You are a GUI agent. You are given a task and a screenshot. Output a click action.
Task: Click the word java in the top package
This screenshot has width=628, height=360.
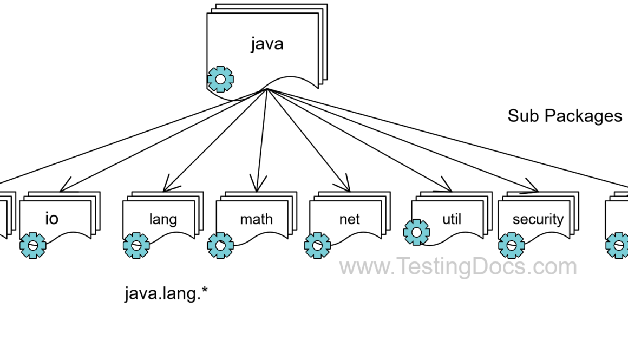pyautogui.click(x=267, y=43)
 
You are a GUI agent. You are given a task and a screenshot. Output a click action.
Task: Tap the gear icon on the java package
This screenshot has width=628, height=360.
pyautogui.click(x=220, y=80)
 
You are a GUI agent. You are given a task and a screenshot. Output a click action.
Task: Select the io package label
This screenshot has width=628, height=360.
pyautogui.click(x=51, y=219)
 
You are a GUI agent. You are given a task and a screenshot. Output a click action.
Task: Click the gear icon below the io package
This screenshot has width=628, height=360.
pyautogui.click(x=33, y=245)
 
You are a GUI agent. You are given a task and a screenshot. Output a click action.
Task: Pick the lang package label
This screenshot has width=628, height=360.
pyautogui.click(x=163, y=219)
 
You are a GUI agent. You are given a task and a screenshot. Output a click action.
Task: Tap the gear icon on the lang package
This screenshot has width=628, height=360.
pyautogui.click(x=136, y=245)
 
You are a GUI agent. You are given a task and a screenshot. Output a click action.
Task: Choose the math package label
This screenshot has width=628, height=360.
pyautogui.click(x=257, y=219)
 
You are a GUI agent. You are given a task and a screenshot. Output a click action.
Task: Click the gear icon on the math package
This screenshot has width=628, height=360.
pyautogui.click(x=220, y=245)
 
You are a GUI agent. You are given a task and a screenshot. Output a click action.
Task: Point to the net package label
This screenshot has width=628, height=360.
pyautogui.click(x=349, y=219)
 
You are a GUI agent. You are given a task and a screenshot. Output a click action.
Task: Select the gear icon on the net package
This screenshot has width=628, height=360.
pyautogui.click(x=317, y=245)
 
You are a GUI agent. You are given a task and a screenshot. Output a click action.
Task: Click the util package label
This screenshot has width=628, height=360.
pyautogui.click(x=451, y=219)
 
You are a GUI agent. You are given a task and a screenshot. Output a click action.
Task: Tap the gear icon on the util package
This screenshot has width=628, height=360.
pyautogui.click(x=417, y=233)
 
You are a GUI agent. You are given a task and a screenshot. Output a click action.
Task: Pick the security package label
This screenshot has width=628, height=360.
pyautogui.click(x=538, y=219)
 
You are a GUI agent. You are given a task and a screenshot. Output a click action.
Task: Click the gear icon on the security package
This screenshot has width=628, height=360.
pyautogui.click(x=512, y=245)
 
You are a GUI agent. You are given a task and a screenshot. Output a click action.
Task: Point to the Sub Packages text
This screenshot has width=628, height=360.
pyautogui.click(x=565, y=116)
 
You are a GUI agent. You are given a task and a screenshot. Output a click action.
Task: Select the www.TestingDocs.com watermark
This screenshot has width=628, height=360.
pyautogui.click(x=458, y=267)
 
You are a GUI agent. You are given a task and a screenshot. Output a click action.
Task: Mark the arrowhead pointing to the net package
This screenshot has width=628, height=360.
pyautogui.click(x=346, y=187)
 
